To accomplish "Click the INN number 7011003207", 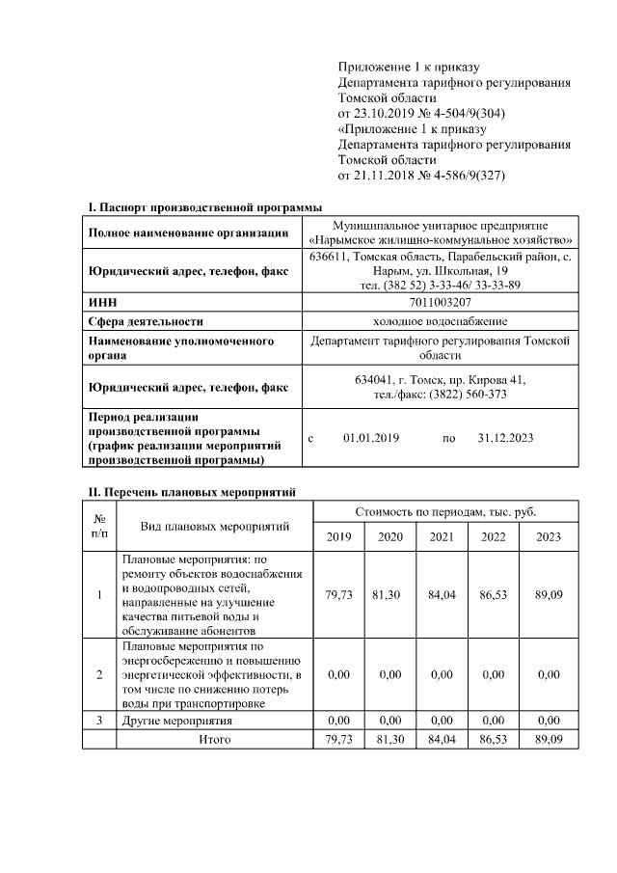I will (x=440, y=303).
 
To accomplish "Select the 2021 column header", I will (x=442, y=536).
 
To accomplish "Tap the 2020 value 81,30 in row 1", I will (x=390, y=595).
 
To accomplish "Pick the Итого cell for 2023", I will (x=548, y=739).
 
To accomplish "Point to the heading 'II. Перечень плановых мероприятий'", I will (x=192, y=492).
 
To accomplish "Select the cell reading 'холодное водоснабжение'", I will (x=440, y=321).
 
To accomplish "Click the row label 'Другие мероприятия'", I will (x=176, y=721).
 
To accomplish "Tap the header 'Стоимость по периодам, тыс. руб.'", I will (x=445, y=510).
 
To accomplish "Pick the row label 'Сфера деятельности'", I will (x=145, y=321).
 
